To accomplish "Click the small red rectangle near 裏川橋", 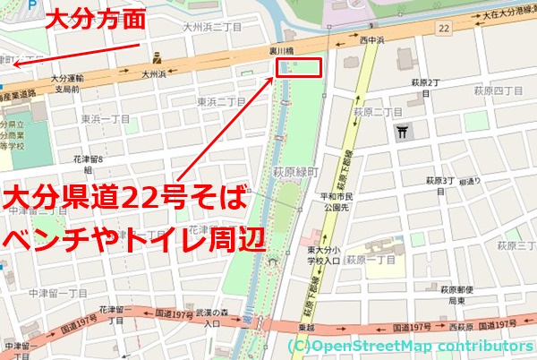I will click(x=298, y=69).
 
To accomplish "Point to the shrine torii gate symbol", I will click(x=402, y=133).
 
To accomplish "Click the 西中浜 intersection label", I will click(x=373, y=41).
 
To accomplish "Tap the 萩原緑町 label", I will click(x=292, y=170).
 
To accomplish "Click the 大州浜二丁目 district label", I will click(x=214, y=28).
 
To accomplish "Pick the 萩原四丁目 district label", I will click(x=497, y=90).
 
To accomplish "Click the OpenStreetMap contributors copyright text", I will click(x=411, y=346).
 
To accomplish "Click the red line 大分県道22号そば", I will click(x=125, y=196).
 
